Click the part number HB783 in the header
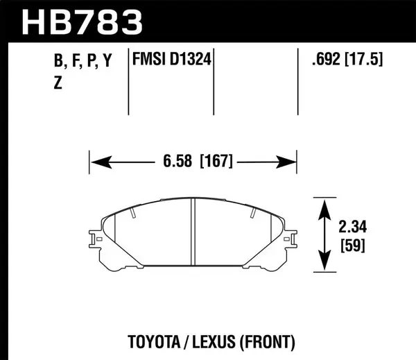click(x=82, y=21)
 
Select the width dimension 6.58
click(x=177, y=162)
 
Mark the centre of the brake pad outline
click(x=193, y=236)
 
